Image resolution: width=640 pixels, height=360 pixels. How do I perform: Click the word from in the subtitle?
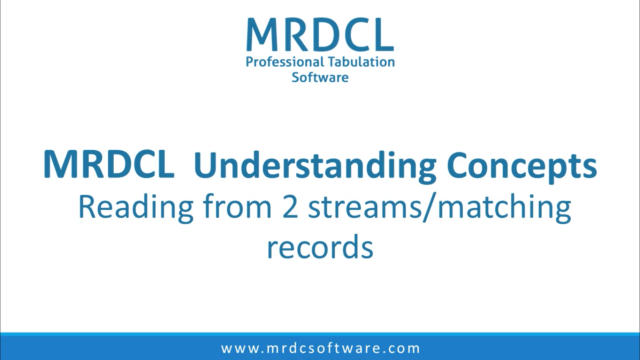click(245, 209)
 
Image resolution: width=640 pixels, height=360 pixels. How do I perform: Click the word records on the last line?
click(319, 246)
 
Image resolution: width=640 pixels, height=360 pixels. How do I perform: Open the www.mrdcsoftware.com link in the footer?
click(320, 348)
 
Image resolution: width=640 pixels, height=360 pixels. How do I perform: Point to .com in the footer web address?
click(402, 348)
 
